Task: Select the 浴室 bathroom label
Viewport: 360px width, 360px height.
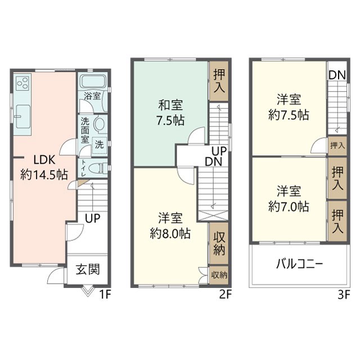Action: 92,96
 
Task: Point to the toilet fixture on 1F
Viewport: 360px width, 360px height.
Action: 98,167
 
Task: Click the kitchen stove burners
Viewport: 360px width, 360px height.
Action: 23,84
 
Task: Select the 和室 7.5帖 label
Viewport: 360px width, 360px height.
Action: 170,112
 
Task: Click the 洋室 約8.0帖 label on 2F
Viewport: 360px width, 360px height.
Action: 169,226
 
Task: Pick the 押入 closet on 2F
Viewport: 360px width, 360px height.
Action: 219,82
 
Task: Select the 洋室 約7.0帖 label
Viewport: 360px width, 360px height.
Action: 288,197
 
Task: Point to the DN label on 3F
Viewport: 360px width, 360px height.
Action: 337,75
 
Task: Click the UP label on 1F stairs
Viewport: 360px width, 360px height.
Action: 93,217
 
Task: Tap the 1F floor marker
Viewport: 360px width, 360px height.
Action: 105,294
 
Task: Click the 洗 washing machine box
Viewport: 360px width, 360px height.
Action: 99,144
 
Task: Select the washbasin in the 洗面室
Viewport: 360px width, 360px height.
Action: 100,123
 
